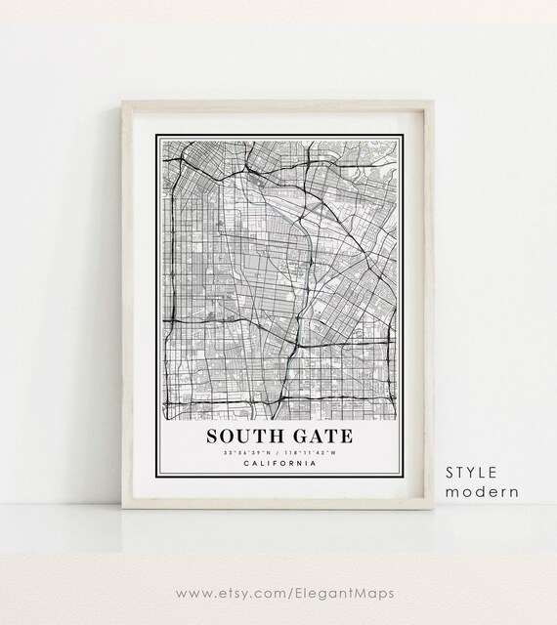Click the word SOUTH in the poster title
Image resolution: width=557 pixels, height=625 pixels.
(242, 434)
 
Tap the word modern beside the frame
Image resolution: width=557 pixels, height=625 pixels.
(482, 491)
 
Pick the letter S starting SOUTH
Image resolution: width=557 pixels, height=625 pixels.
(211, 434)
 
